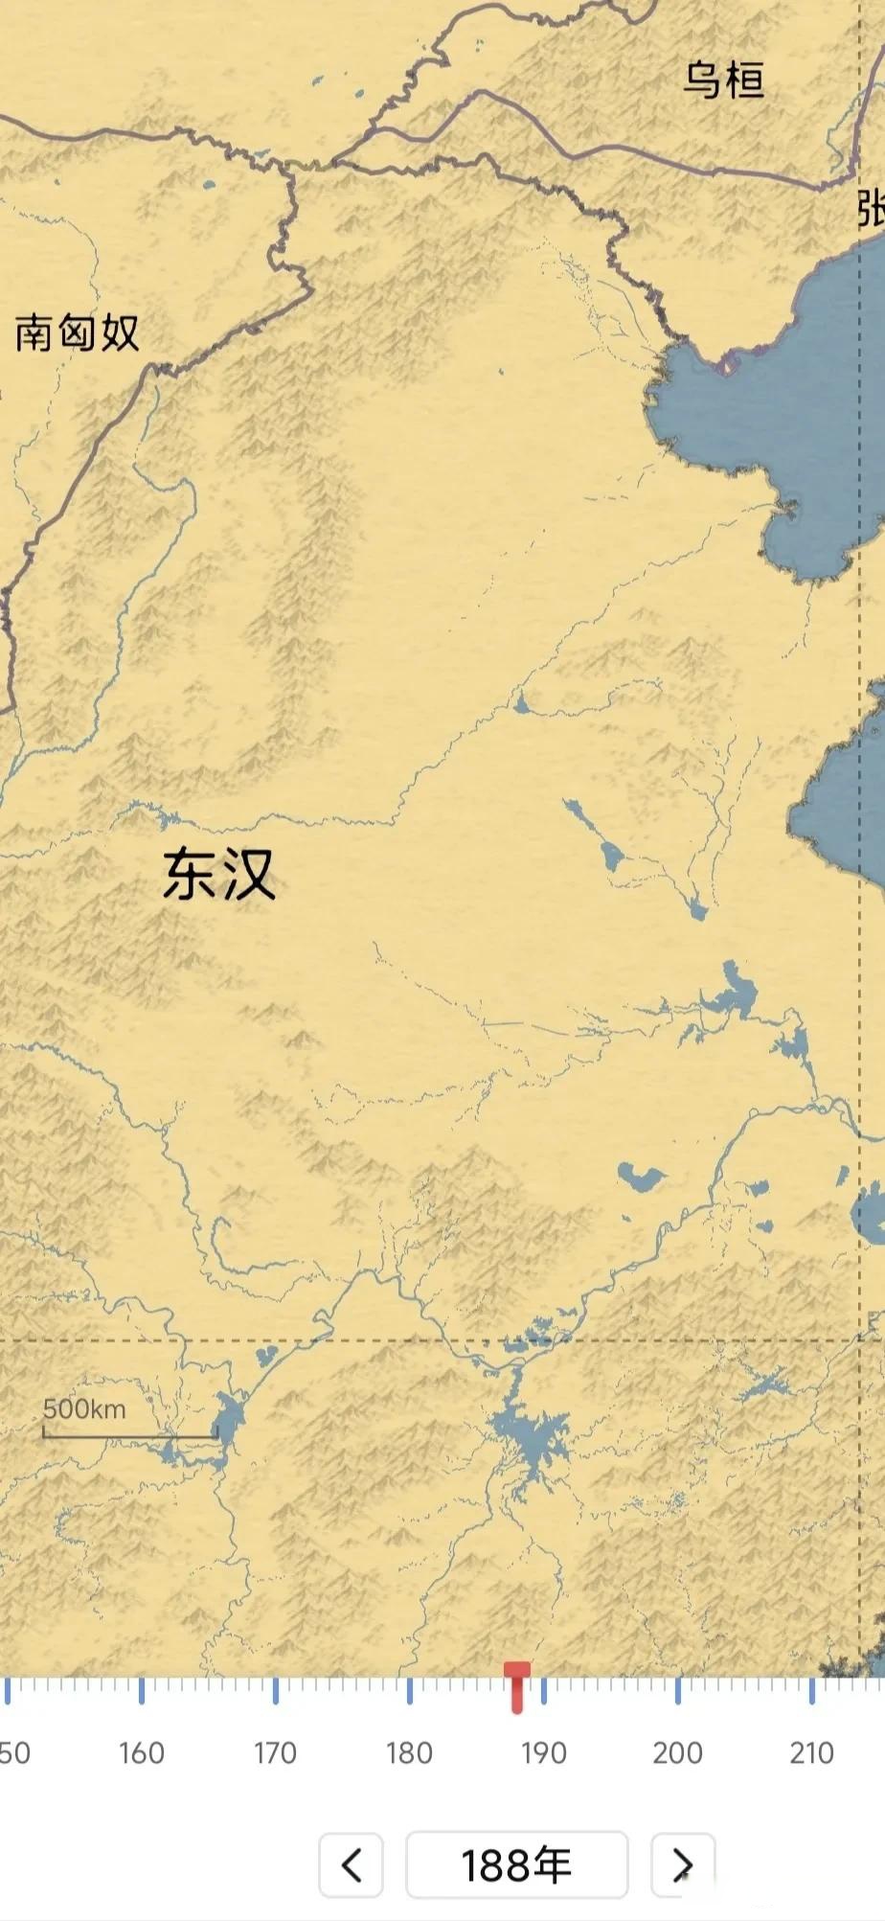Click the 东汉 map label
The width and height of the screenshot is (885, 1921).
tap(219, 874)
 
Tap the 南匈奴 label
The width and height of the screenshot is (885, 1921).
tap(77, 333)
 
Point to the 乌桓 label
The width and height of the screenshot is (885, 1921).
tap(723, 80)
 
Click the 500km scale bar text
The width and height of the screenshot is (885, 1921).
tap(84, 1409)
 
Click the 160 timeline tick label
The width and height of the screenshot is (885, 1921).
tap(142, 1753)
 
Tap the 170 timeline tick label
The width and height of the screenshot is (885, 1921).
tap(275, 1753)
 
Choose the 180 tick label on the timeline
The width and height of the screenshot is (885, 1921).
tap(409, 1753)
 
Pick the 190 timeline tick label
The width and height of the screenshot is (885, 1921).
tap(543, 1753)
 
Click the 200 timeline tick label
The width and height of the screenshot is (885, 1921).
tap(677, 1753)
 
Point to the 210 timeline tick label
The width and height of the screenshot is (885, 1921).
tap(811, 1753)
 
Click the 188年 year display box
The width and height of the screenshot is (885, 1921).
tap(516, 1864)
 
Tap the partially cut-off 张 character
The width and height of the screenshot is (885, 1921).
tap(872, 208)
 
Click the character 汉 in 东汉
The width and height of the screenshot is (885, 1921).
tap(249, 874)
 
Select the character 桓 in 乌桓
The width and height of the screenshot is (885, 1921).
tap(744, 80)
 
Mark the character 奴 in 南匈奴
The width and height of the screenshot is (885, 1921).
tap(120, 333)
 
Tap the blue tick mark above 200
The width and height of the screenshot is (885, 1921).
tap(678, 1691)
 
